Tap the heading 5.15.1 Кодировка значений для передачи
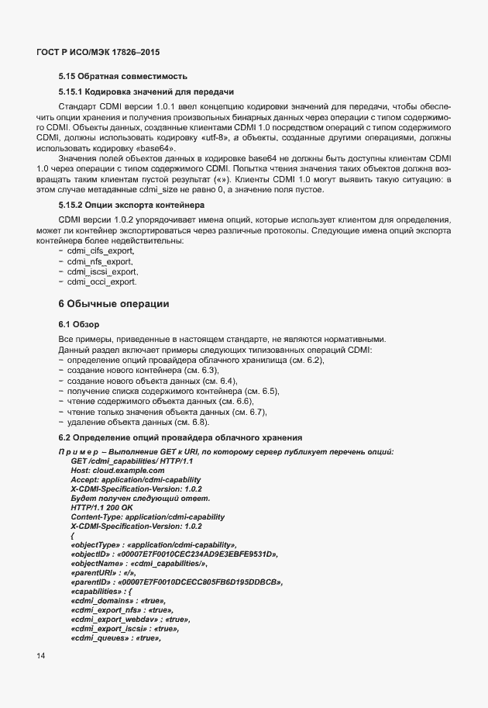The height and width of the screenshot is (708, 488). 146,92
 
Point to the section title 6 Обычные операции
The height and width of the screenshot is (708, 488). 114,302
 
